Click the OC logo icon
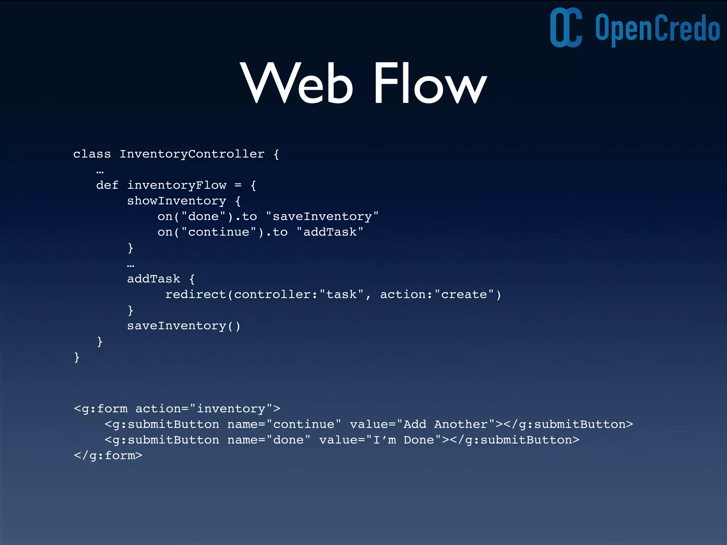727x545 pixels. pos(566,27)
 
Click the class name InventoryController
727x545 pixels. pos(192,154)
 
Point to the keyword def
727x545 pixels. pos(107,185)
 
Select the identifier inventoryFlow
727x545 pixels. pos(176,185)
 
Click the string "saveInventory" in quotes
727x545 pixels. pos(322,216)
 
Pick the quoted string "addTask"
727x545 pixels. pos(330,232)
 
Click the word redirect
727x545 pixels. pos(196,294)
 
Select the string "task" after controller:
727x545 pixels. pos(341,294)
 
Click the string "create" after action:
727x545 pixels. pos(464,294)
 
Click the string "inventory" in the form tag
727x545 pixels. pos(231,409)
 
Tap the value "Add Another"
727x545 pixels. pos(445,424)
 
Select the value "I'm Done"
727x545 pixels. pos(404,440)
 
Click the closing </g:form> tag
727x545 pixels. pos(108,456)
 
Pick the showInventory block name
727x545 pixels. pos(176,201)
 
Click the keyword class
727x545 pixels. pos(92,154)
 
